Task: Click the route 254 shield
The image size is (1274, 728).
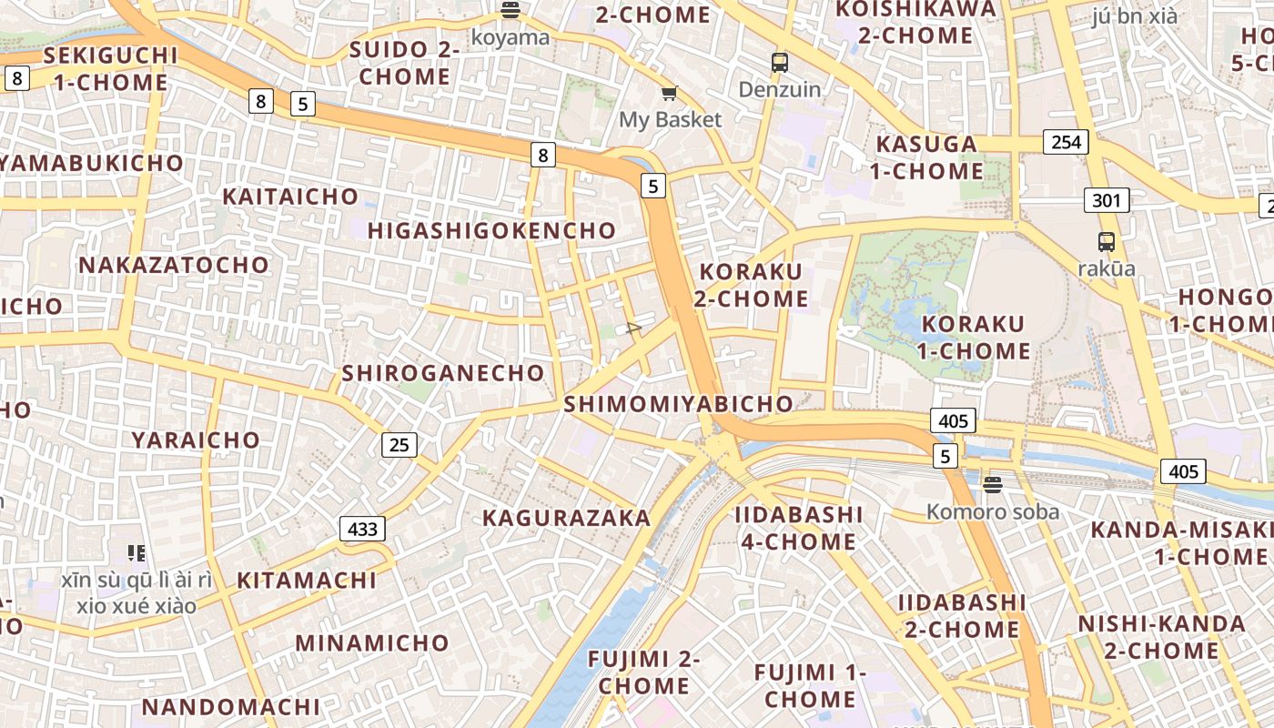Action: [1067, 142]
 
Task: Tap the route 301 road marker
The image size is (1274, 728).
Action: [1107, 200]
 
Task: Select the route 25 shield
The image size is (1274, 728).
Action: [399, 445]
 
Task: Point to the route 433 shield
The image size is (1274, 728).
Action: [362, 529]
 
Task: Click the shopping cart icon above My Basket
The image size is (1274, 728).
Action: [670, 94]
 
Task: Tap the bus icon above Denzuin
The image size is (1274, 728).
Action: [780, 63]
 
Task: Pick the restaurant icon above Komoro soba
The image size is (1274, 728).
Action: [992, 485]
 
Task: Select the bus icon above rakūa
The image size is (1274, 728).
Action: [1107, 242]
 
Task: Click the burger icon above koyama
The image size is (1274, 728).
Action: [511, 11]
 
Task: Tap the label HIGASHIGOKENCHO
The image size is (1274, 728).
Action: [492, 231]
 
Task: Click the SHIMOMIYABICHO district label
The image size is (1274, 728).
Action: [679, 404]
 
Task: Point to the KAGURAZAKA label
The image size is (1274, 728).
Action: [567, 518]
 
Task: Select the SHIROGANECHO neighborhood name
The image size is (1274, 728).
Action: [443, 373]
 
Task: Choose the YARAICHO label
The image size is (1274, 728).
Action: [196, 440]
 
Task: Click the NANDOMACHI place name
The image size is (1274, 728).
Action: [231, 707]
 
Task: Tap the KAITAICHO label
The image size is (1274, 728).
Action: [290, 197]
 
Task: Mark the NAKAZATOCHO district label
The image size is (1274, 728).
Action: [174, 265]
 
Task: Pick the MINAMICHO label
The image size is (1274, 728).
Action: [372, 643]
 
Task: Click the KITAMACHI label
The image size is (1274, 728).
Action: [307, 581]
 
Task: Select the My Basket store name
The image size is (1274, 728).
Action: [670, 119]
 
